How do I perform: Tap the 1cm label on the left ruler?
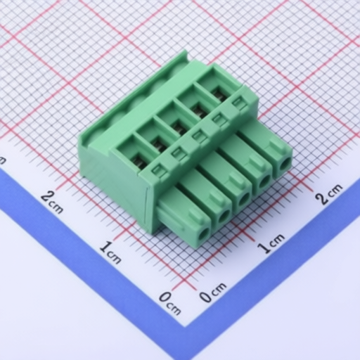pyautogui.click(x=110, y=252)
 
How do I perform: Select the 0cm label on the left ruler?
pyautogui.click(x=170, y=303)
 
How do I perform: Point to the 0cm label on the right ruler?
pyautogui.click(x=213, y=292)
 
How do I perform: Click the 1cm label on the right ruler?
pyautogui.click(x=271, y=243)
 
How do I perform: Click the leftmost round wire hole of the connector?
pyautogui.click(x=203, y=233)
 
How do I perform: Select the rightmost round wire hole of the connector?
pyautogui.click(x=285, y=164)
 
